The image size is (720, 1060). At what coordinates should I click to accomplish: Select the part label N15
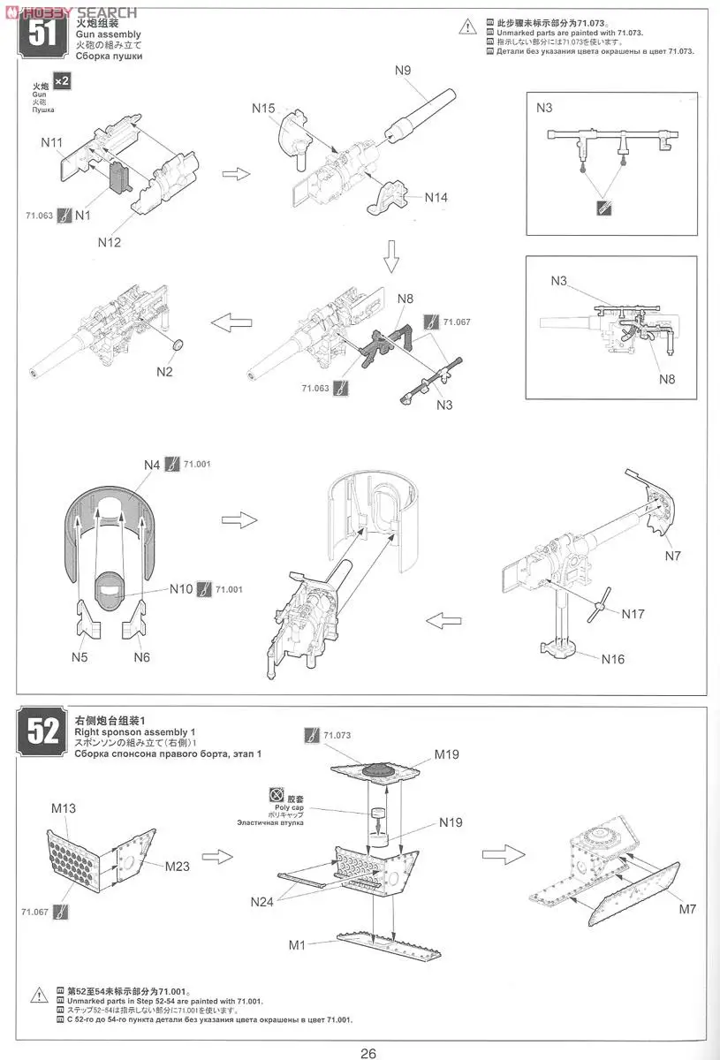click(x=263, y=108)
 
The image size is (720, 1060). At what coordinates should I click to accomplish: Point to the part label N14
click(x=436, y=197)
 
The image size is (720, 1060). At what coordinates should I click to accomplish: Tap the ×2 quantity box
click(x=62, y=81)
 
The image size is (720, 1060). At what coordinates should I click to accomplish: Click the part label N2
click(x=164, y=371)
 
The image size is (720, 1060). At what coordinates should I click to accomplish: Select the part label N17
click(x=633, y=613)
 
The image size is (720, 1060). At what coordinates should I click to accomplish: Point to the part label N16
click(x=613, y=659)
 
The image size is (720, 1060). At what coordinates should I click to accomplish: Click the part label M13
click(x=64, y=807)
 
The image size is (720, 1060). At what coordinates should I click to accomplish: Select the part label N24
click(x=262, y=901)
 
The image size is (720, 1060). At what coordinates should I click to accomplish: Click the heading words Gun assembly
click(x=108, y=34)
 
